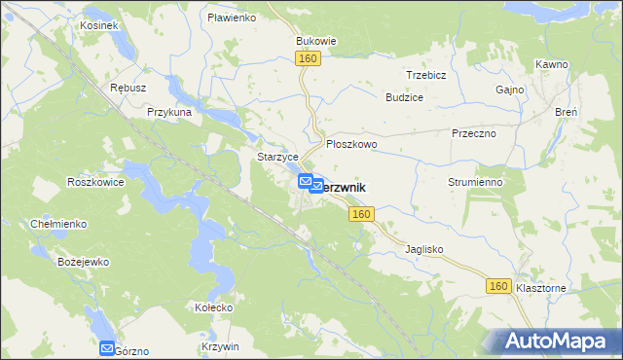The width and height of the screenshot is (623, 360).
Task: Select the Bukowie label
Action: tap(315, 42)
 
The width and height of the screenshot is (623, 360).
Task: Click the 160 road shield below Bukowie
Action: tap(309, 60)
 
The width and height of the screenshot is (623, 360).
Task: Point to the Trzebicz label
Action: tap(426, 75)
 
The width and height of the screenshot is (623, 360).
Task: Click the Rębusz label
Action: tap(128, 87)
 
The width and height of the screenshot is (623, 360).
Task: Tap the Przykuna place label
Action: tap(168, 112)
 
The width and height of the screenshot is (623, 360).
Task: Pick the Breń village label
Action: tap(566, 112)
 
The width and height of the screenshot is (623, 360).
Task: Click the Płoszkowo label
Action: tap(351, 143)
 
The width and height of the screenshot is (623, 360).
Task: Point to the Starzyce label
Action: tap(275, 157)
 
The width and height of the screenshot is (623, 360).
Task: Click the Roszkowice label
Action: tap(93, 182)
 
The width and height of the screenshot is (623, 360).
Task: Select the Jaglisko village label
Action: tap(423, 249)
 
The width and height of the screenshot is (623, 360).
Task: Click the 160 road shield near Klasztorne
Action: tap(498, 286)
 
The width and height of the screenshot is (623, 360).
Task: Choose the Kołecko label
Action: tap(213, 307)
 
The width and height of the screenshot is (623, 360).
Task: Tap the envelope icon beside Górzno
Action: tap(107, 347)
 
